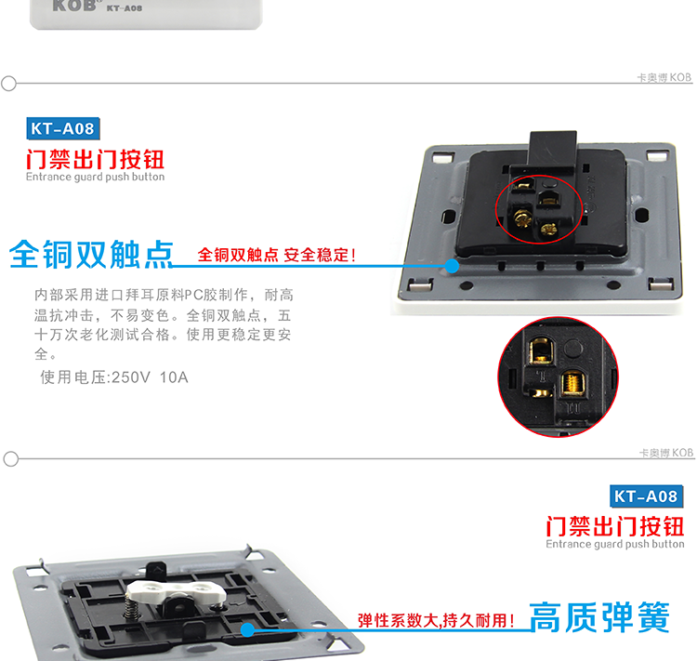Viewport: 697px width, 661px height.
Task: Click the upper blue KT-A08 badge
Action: tap(63, 128)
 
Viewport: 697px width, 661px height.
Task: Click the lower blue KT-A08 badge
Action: tap(646, 496)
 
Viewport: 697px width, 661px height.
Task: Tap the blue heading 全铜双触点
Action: tap(91, 255)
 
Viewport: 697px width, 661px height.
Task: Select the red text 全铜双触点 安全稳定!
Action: tap(277, 255)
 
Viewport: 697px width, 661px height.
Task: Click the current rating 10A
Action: tap(174, 377)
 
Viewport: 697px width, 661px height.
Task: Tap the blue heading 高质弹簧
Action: tap(599, 617)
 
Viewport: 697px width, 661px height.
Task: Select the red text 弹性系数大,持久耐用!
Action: tap(436, 620)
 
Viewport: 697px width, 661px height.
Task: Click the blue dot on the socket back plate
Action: tap(452, 266)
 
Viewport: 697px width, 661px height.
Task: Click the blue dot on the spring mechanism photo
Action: tap(247, 630)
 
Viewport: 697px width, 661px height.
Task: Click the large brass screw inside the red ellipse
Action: tap(522, 218)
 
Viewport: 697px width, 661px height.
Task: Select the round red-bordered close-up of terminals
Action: tap(558, 377)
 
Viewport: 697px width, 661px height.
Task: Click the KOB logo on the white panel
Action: tap(74, 6)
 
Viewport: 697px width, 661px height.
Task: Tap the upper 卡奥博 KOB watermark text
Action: tap(664, 78)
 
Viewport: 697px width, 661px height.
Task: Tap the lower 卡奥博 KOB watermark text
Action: tap(666, 453)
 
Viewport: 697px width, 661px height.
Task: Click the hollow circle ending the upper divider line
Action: tap(8, 83)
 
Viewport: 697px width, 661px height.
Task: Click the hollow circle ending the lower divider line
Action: tap(10, 459)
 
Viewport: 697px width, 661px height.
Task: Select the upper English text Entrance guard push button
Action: tap(95, 177)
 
